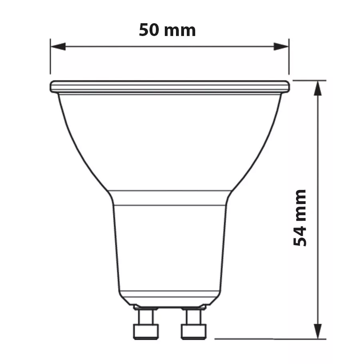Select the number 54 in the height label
[x=300, y=236]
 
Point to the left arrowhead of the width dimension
[x=58, y=46]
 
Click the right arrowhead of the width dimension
[x=281, y=46]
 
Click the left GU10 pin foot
[x=146, y=332]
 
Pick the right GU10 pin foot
[x=194, y=332]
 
